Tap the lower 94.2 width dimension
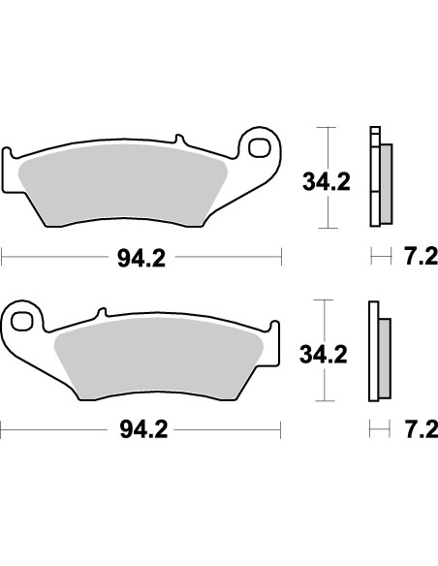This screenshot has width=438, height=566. pyautogui.click(x=141, y=426)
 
